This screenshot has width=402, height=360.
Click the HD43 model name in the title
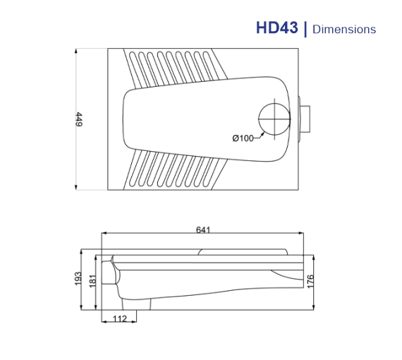tap(278, 28)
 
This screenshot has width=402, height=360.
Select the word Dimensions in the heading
tap(344, 30)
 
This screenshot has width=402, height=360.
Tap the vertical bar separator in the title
tap(305, 29)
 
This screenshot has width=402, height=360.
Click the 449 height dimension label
tap(80, 119)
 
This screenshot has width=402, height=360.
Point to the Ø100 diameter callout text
tap(243, 138)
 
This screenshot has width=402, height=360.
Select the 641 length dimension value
tap(204, 229)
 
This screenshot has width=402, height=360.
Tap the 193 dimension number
tap(78, 280)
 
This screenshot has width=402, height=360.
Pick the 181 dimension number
tap(92, 280)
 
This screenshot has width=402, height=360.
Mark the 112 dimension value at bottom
tap(120, 319)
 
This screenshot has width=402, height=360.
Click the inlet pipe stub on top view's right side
tap(305, 119)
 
